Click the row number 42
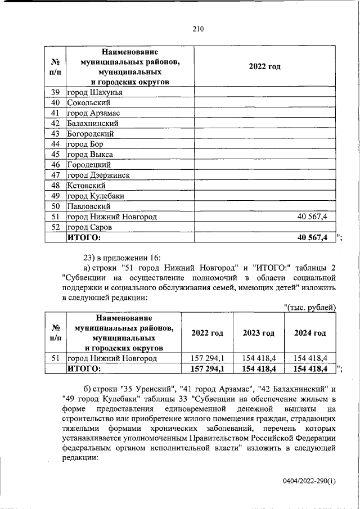tap(55, 124)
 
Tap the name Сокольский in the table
tap(88, 103)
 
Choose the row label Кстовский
tap(87, 186)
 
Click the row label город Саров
tap(89, 227)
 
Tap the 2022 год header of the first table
tap(264, 67)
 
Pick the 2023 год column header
tap(259, 333)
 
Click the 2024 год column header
tap(310, 333)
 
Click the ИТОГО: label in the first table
tap(84, 238)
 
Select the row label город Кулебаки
tap(95, 196)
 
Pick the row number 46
tap(55, 165)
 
